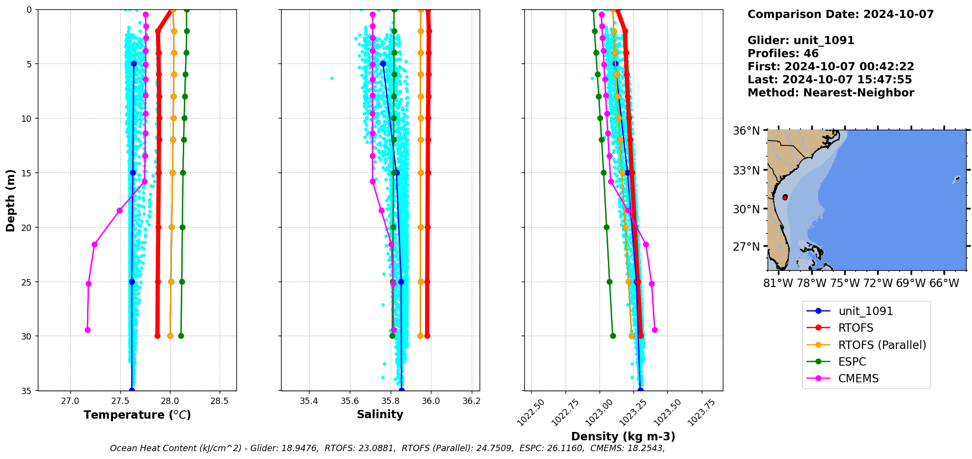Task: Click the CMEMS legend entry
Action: (858, 378)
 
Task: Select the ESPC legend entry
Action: (852, 362)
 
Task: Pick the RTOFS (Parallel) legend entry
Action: (882, 345)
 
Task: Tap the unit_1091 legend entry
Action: (865, 311)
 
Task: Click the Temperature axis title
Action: (137, 415)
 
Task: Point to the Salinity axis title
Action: (380, 414)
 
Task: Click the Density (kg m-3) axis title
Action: (623, 436)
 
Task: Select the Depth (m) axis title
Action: (10, 200)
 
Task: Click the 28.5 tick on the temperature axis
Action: (220, 401)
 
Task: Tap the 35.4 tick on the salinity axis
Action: (309, 401)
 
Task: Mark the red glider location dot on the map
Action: (785, 197)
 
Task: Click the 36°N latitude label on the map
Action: (746, 131)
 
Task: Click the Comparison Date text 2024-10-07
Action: (898, 14)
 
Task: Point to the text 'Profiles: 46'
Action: (783, 54)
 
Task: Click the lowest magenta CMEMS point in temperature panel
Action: (87, 330)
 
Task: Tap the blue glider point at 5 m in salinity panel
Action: (383, 64)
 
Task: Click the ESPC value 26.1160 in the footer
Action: (569, 448)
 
